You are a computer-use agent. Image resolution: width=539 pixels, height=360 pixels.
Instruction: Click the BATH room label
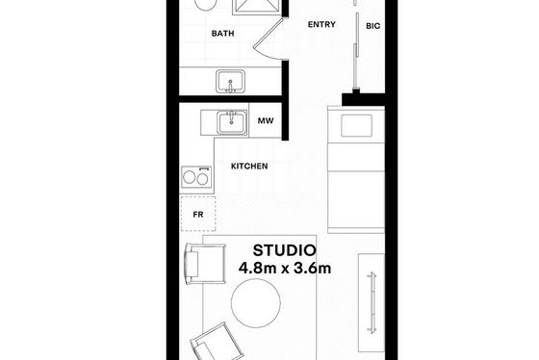point(222,34)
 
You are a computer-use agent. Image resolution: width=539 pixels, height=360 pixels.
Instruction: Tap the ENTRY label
point(321,24)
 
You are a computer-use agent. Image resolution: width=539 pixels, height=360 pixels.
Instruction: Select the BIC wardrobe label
point(373,26)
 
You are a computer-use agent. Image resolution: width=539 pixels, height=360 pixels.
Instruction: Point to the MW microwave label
point(266,120)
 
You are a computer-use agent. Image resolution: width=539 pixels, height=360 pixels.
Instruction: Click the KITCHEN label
point(249,167)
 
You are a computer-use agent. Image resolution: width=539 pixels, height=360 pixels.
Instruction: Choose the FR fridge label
point(198,215)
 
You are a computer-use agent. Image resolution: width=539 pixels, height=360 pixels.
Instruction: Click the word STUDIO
point(284,250)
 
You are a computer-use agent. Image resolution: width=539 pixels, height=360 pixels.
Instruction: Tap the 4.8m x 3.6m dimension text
point(285,269)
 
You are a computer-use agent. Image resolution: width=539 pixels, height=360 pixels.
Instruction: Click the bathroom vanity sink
point(231,81)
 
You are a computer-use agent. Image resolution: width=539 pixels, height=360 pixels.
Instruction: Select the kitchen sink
point(232,123)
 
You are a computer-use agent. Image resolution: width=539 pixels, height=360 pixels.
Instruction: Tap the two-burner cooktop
point(196,177)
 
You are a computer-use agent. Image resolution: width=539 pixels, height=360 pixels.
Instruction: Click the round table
point(256,303)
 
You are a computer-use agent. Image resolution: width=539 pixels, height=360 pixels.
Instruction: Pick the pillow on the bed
point(356,125)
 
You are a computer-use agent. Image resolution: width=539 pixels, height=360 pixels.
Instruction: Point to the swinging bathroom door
point(268,38)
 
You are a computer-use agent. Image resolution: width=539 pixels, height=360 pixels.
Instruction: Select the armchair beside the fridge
point(205,264)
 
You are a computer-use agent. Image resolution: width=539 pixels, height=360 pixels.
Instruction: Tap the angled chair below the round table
point(218,342)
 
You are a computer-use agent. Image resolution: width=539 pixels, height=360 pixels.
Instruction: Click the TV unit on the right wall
point(372,303)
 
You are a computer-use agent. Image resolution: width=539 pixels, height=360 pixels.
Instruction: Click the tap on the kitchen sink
point(232,116)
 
